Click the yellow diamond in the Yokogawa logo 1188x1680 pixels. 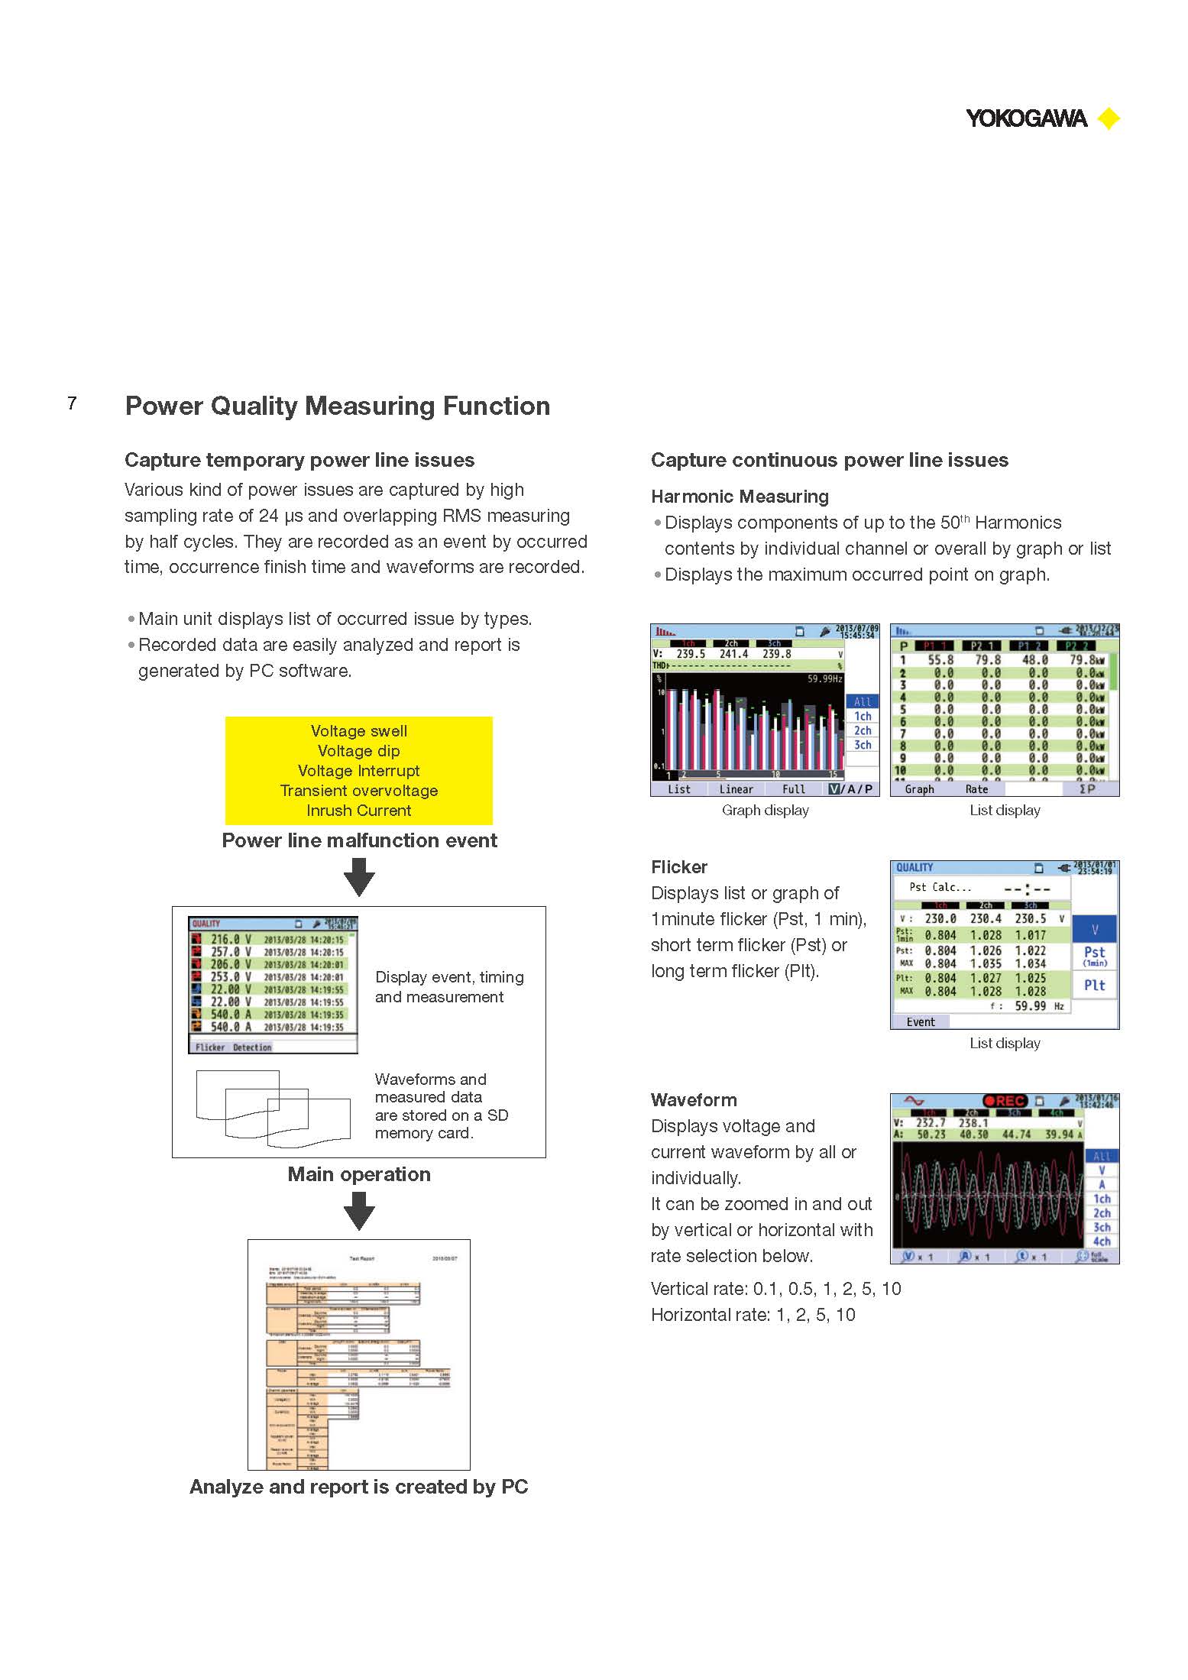(x=1108, y=119)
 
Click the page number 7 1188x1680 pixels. (x=72, y=403)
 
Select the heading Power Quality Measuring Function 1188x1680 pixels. (x=337, y=406)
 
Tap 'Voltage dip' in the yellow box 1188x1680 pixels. (x=358, y=751)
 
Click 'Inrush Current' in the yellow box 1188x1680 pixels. (x=358, y=811)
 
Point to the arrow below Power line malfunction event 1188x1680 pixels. (x=359, y=876)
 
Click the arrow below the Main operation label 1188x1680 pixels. (x=359, y=1210)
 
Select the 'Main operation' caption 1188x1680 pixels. (x=359, y=1174)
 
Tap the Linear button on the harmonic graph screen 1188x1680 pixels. (x=736, y=789)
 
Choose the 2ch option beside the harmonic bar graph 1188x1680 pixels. (x=862, y=730)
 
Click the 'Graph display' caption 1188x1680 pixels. (x=765, y=811)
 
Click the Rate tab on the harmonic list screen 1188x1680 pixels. (x=976, y=789)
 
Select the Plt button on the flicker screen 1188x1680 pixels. (x=1094, y=986)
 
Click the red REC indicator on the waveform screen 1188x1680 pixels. (x=1005, y=1101)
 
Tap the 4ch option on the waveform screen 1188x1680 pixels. (x=1101, y=1241)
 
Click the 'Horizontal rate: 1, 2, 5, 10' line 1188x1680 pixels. (x=753, y=1315)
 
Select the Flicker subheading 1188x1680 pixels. (x=678, y=867)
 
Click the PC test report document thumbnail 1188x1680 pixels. (x=358, y=1355)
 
